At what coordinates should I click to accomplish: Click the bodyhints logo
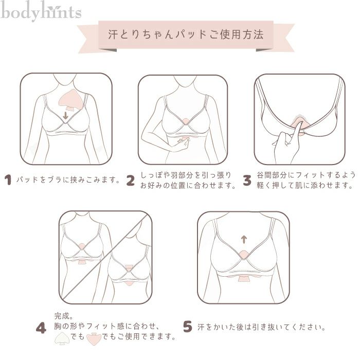[x=41, y=11]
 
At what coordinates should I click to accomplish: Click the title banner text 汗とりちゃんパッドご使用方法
[x=186, y=34]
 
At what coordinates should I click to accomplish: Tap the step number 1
[x=8, y=180]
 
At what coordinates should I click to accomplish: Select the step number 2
[x=131, y=180]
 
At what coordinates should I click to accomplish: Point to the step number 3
[x=247, y=180]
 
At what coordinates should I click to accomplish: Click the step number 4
[x=41, y=328]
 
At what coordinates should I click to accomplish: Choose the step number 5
[x=187, y=327]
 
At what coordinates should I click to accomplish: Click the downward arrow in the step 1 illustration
[x=65, y=116]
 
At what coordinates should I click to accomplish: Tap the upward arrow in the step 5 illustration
[x=244, y=239]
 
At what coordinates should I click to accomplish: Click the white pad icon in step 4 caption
[x=62, y=338]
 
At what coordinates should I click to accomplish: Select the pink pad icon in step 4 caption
[x=94, y=338]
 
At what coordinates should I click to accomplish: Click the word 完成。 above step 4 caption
[x=64, y=316]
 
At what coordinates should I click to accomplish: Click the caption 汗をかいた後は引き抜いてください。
[x=261, y=327]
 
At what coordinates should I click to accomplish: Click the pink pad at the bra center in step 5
[x=244, y=255]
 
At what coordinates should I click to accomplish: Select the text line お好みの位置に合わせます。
[x=188, y=186]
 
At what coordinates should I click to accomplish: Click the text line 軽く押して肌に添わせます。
[x=304, y=186]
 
